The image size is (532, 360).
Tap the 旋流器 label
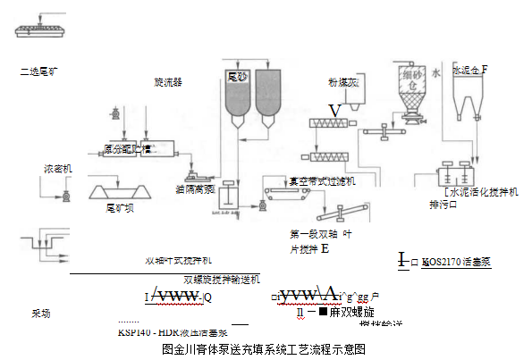[x=167, y=81]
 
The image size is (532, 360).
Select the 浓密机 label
[x=58, y=168]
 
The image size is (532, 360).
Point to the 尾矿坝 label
[x=120, y=208]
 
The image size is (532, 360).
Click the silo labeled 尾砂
[x=237, y=94]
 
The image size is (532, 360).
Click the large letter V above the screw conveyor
[x=334, y=110]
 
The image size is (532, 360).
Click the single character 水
[x=436, y=70]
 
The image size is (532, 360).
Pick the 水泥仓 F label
[x=470, y=70]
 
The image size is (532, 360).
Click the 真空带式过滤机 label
[x=321, y=180]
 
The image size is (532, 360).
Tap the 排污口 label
[x=443, y=205]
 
